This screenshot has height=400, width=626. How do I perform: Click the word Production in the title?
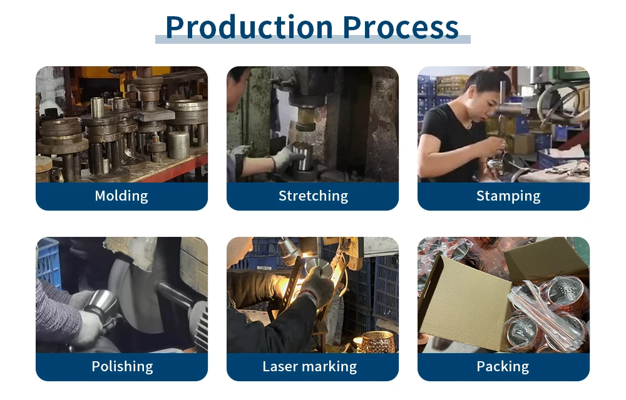tap(249, 27)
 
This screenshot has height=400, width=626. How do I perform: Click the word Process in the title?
tap(401, 27)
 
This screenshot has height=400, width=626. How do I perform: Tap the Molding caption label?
tap(121, 196)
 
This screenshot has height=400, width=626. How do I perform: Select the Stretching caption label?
tap(313, 196)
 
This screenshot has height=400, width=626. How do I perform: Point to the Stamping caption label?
tap(508, 196)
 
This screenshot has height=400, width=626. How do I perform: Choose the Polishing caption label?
tap(122, 366)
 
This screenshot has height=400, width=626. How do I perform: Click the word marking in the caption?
tap(329, 366)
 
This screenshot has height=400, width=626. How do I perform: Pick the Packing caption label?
tap(503, 366)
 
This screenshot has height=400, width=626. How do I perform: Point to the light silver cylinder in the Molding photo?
tap(178, 144)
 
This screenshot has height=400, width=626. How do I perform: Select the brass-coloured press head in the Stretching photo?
tap(306, 119)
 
